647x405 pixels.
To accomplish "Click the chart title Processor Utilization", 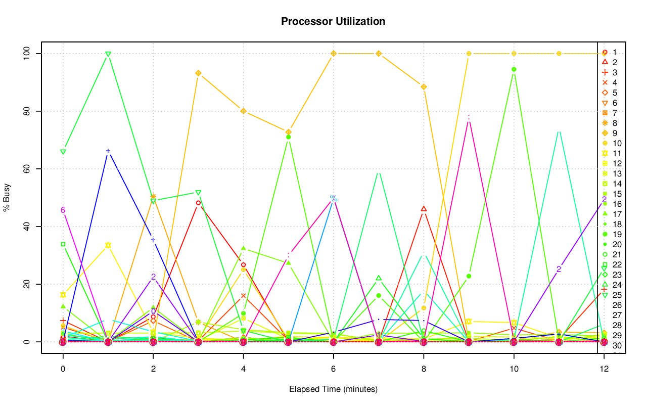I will pyautogui.click(x=333, y=22).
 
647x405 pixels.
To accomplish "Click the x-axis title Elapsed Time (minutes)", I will pyautogui.click(x=333, y=389).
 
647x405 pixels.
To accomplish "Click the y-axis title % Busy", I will pyautogui.click(x=7, y=197).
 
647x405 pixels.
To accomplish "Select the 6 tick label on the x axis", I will pyautogui.click(x=333, y=370).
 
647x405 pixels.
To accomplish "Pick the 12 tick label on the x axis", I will pyautogui.click(x=604, y=370).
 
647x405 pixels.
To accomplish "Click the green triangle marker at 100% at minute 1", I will pyautogui.click(x=108, y=54).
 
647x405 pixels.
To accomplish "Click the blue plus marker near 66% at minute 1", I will pyautogui.click(x=108, y=151).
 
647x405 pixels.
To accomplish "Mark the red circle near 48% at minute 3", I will pyautogui.click(x=198, y=203).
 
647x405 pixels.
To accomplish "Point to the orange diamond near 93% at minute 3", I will pyautogui.click(x=198, y=73).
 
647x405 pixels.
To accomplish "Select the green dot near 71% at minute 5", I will pyautogui.click(x=288, y=137).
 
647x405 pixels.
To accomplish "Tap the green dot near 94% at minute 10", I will pyautogui.click(x=514, y=69).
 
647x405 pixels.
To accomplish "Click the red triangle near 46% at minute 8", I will pyautogui.click(x=424, y=209).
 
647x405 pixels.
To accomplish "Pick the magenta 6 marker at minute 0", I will pyautogui.click(x=63, y=210).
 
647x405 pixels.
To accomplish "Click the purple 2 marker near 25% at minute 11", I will pyautogui.click(x=559, y=269).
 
